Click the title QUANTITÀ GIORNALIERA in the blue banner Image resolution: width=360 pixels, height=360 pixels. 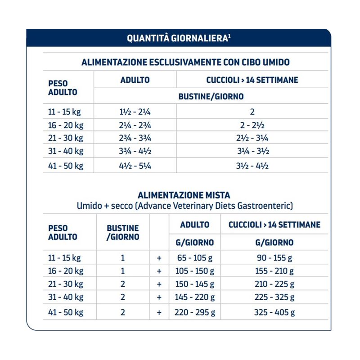179,38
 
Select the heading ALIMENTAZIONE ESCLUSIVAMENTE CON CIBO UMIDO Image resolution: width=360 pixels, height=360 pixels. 185,62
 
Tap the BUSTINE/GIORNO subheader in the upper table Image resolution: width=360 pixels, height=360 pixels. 211,96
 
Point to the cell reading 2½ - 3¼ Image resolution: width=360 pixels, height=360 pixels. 252,138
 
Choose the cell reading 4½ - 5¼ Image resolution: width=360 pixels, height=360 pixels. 135,165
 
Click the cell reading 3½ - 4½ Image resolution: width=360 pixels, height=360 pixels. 252,165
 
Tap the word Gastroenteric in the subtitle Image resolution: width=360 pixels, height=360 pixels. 267,206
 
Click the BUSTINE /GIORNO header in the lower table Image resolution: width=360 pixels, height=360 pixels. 122,232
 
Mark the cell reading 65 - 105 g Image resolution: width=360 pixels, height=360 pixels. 195,258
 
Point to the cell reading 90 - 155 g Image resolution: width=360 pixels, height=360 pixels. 274,258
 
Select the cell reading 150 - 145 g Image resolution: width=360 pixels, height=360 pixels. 195,284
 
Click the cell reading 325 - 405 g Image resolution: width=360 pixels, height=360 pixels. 274,312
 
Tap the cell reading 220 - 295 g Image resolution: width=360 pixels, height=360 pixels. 195,312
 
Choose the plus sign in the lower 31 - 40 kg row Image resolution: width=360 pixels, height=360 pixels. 159,298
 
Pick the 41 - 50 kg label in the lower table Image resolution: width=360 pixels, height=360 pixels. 66,312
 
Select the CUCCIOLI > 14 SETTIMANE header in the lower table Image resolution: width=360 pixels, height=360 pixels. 274,225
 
